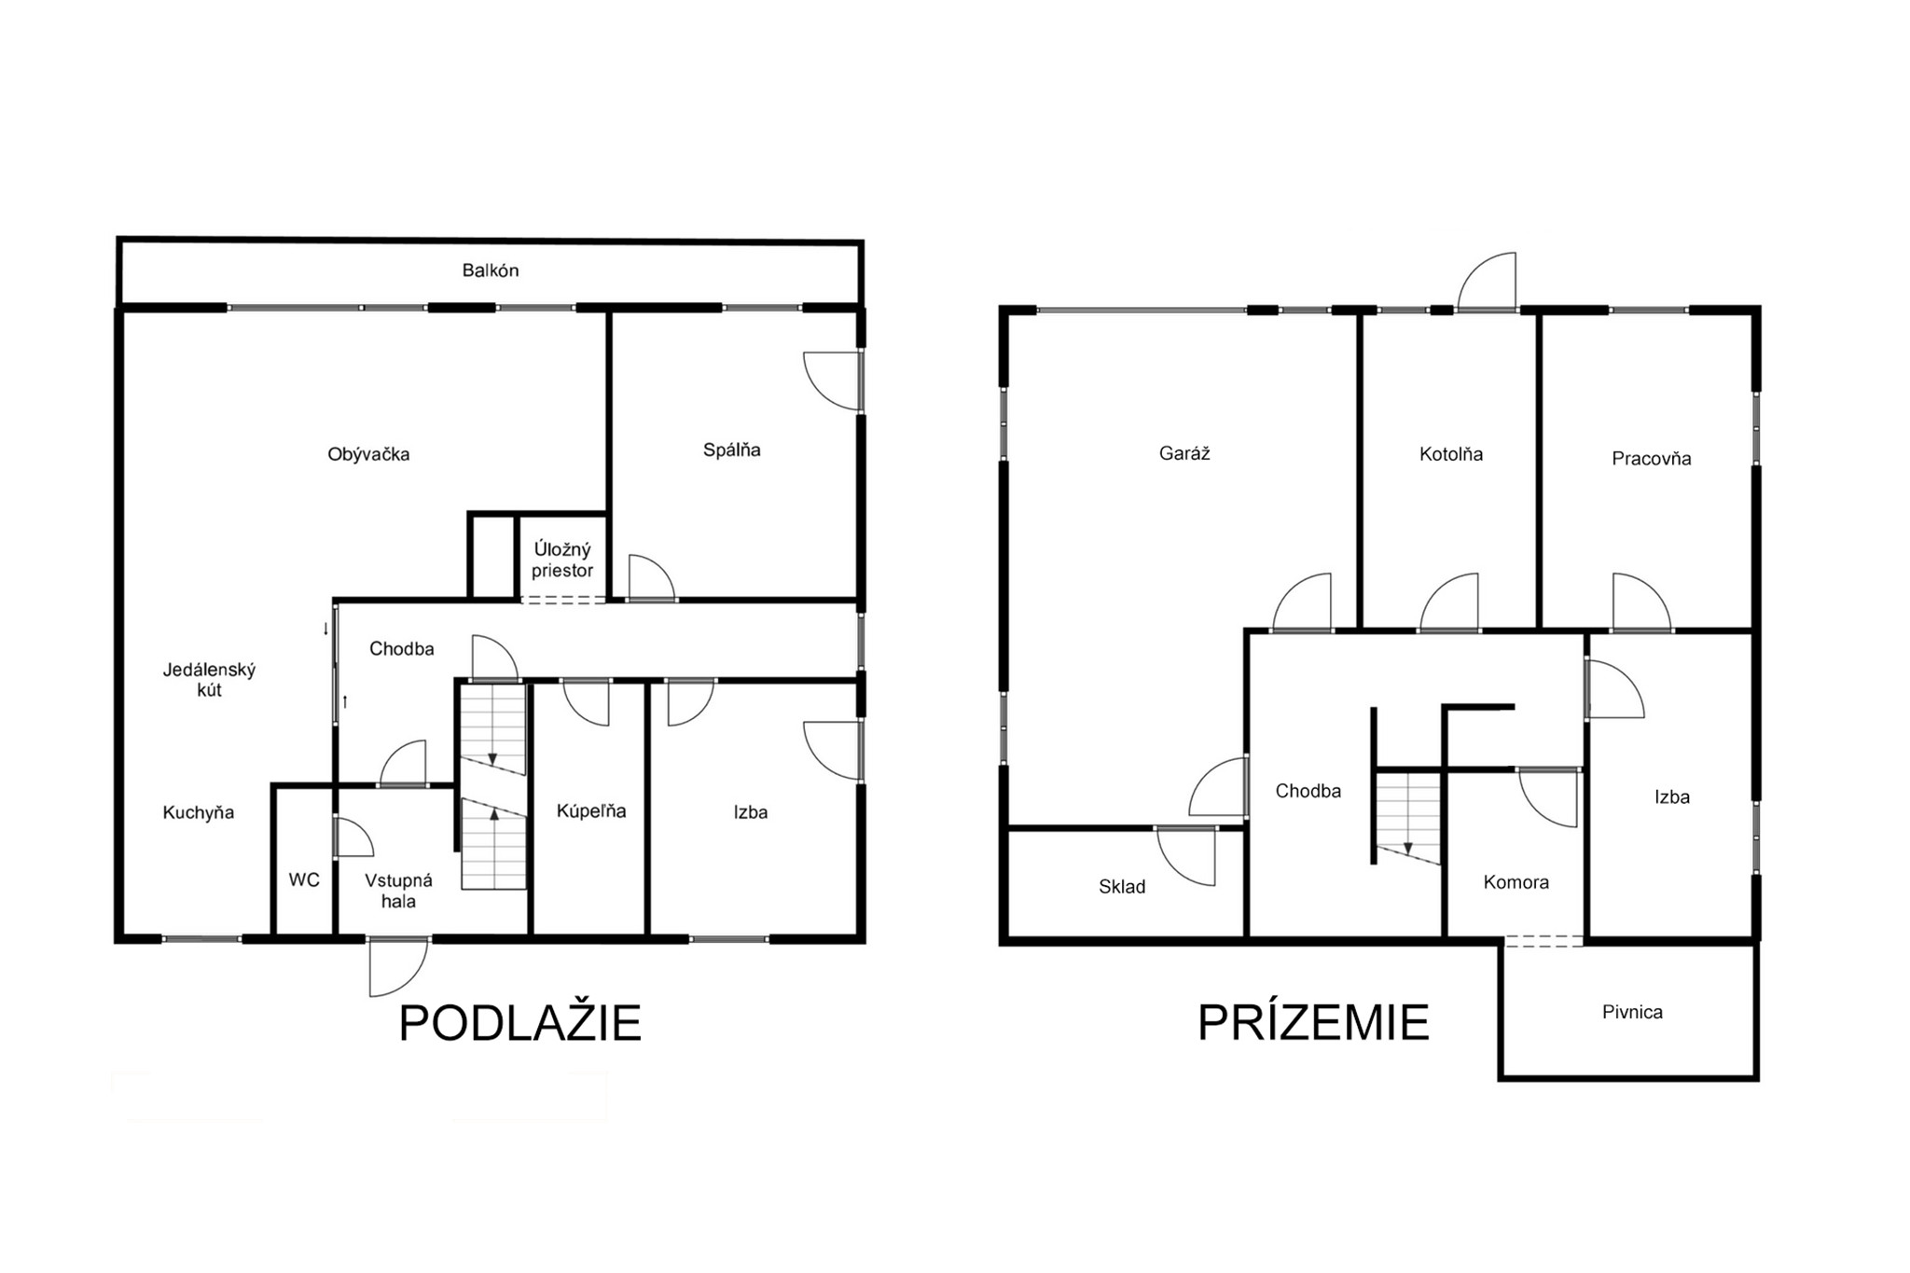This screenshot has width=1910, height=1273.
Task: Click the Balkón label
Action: click(x=491, y=270)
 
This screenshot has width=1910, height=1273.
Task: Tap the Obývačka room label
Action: click(x=368, y=454)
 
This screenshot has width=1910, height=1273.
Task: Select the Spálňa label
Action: click(x=732, y=450)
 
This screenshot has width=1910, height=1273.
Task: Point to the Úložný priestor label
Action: click(x=562, y=560)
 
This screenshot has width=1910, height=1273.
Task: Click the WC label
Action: click(x=304, y=879)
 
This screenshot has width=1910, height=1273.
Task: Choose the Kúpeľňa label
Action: click(x=591, y=810)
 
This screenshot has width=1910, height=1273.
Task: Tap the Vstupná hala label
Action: click(x=398, y=891)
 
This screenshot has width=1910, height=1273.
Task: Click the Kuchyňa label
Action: click(x=199, y=812)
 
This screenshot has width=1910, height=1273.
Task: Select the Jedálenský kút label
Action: click(x=209, y=680)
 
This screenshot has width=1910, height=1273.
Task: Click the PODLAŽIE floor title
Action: click(x=520, y=1023)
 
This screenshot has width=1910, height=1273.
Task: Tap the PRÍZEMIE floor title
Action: click(x=1313, y=1022)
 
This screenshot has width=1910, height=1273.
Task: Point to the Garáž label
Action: click(x=1184, y=453)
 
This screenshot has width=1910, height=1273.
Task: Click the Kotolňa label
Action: click(x=1451, y=454)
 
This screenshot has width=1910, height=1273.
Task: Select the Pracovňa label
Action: click(x=1652, y=458)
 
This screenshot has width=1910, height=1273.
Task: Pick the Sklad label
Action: click(x=1122, y=886)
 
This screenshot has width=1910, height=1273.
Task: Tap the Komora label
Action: click(x=1516, y=881)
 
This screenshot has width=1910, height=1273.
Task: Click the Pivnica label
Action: click(x=1632, y=1012)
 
